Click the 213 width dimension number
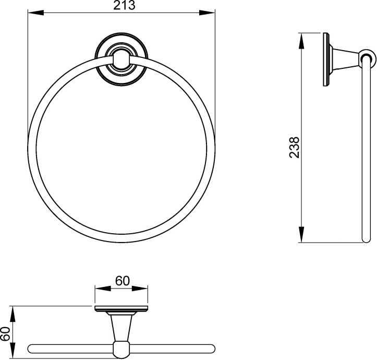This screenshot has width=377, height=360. (x=124, y=5)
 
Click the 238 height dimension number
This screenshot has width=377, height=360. (x=294, y=147)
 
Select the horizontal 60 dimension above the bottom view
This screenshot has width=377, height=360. (x=123, y=281)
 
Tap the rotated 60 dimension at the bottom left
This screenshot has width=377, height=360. (x=6, y=334)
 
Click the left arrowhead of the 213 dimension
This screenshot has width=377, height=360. (x=36, y=13)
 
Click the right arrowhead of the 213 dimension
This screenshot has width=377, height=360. (x=207, y=13)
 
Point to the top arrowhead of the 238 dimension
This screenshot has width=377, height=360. (x=301, y=41)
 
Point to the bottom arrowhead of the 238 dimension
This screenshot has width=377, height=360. (x=301, y=234)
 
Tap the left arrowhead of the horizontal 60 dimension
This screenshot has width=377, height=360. (x=103, y=289)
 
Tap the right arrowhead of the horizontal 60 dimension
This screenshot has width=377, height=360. (x=140, y=289)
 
